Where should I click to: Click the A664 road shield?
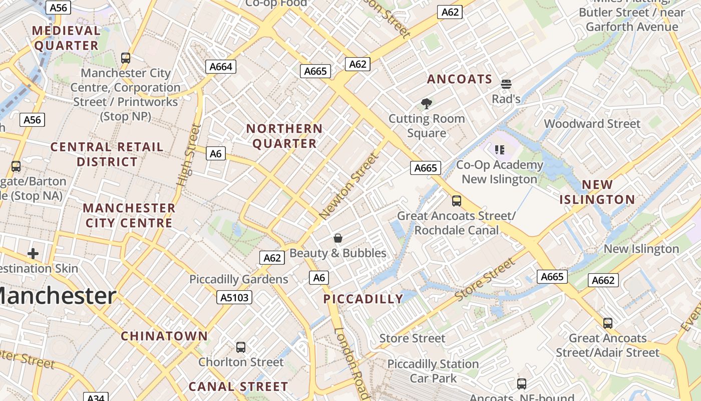(x=221, y=67)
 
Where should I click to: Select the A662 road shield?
(x=603, y=280)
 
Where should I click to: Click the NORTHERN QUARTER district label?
(x=284, y=136)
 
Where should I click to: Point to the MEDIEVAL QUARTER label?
(x=66, y=38)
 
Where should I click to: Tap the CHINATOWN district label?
(x=164, y=336)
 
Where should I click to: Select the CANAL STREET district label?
(x=238, y=386)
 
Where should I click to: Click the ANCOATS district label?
(x=460, y=79)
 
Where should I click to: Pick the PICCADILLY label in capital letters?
(x=364, y=299)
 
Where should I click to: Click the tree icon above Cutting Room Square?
(x=427, y=104)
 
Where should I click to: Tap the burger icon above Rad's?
(x=506, y=84)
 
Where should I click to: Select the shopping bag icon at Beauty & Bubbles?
(x=338, y=238)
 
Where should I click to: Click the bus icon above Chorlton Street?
(x=241, y=347)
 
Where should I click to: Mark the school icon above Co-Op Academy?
(x=499, y=149)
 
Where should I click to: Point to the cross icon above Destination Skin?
(x=33, y=254)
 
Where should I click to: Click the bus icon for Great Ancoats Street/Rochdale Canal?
(x=457, y=201)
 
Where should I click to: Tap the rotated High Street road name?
(x=189, y=155)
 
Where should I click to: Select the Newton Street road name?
(x=349, y=186)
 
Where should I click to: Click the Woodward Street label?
(x=592, y=124)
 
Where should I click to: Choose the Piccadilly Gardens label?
(x=238, y=279)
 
